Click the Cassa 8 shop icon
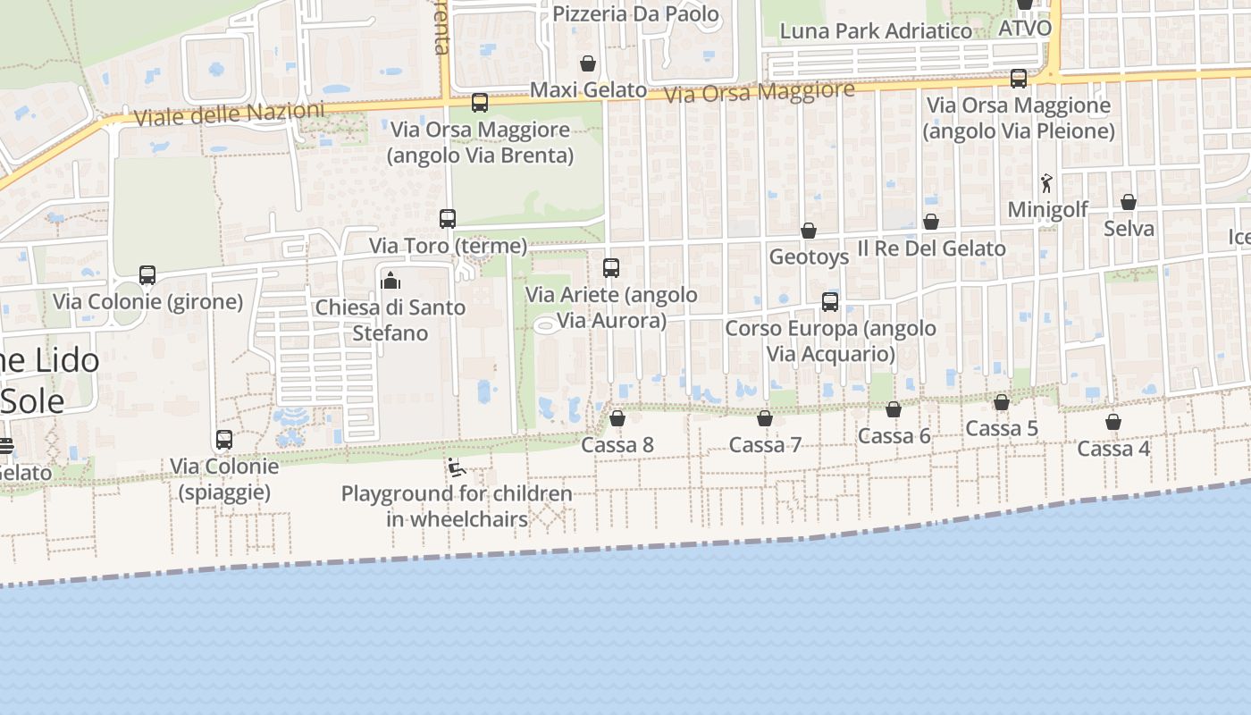(x=617, y=418)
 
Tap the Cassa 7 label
(x=765, y=445)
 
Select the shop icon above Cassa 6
(x=894, y=409)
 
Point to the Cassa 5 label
(x=1002, y=429)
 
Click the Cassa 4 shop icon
(x=1112, y=422)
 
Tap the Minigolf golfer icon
(x=1046, y=183)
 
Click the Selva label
(x=1129, y=229)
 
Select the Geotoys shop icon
(x=809, y=231)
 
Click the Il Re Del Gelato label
(x=931, y=248)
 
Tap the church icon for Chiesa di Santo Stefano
(x=390, y=281)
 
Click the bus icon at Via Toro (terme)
(x=448, y=219)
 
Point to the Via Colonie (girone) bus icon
(x=147, y=275)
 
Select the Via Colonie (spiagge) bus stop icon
(x=224, y=440)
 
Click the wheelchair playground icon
(x=456, y=467)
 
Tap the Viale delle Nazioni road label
(x=228, y=114)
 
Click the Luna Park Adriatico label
(x=876, y=31)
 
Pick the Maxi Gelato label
(x=588, y=89)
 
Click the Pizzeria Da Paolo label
(x=635, y=13)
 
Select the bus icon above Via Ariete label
(x=611, y=268)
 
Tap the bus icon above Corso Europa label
(x=830, y=302)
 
